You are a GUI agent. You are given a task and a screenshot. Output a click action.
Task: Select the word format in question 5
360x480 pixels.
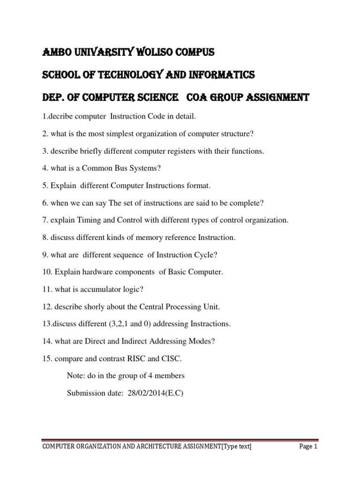(198, 186)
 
